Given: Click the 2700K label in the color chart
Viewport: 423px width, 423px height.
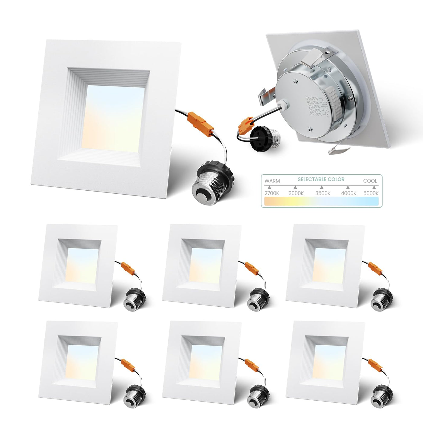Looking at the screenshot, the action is coord(272,193).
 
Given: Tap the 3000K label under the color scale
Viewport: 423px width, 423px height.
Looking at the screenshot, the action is coord(296,193).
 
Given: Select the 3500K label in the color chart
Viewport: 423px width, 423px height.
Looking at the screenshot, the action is coord(323,193).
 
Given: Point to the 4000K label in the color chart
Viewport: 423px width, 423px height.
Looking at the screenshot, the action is coord(349,193).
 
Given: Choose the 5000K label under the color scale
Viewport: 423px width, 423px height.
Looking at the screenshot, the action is coord(371,193).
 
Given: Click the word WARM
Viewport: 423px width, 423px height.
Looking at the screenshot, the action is coord(272,181).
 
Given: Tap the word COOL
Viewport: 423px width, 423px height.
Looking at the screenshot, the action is coord(370,181).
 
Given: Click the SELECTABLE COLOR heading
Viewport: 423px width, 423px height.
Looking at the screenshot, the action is coord(321,179).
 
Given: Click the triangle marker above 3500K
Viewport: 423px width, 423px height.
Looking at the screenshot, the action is coord(321,187).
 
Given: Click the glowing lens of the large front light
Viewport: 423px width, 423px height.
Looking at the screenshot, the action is coord(113,118).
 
